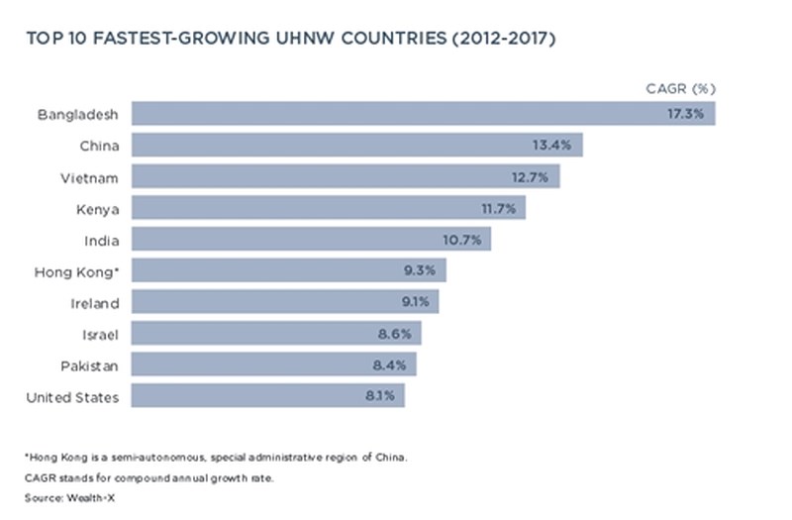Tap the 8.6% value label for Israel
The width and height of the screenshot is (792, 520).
(393, 334)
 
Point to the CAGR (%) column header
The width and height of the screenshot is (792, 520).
(674, 88)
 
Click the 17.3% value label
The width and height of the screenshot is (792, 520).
(685, 114)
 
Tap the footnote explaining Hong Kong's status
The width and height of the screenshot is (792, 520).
(216, 458)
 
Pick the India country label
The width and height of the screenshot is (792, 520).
(103, 240)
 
